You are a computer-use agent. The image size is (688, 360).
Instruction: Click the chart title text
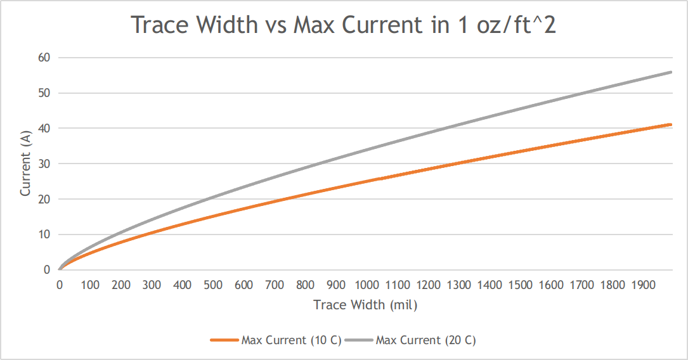pyautogui.click(x=343, y=25)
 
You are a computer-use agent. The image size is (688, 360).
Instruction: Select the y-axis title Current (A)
pyautogui.click(x=26, y=164)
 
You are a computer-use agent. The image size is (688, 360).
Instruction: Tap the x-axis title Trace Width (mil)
pyautogui.click(x=365, y=305)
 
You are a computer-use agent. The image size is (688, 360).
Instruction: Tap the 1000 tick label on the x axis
pyautogui.click(x=367, y=285)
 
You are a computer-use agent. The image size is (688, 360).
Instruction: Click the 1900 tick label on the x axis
pyautogui.click(x=644, y=285)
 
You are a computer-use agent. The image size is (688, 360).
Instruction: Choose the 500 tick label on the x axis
pyautogui.click(x=213, y=285)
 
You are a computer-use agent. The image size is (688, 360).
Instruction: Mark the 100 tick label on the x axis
pyautogui.click(x=90, y=285)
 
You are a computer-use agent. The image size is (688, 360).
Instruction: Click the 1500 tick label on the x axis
pyautogui.click(x=521, y=285)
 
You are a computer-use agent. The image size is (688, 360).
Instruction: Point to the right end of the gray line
pyautogui.click(x=671, y=72)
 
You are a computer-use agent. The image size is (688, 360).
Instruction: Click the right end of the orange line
pyautogui.click(x=671, y=125)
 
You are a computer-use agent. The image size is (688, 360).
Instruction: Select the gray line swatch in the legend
pyautogui.click(x=359, y=340)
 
